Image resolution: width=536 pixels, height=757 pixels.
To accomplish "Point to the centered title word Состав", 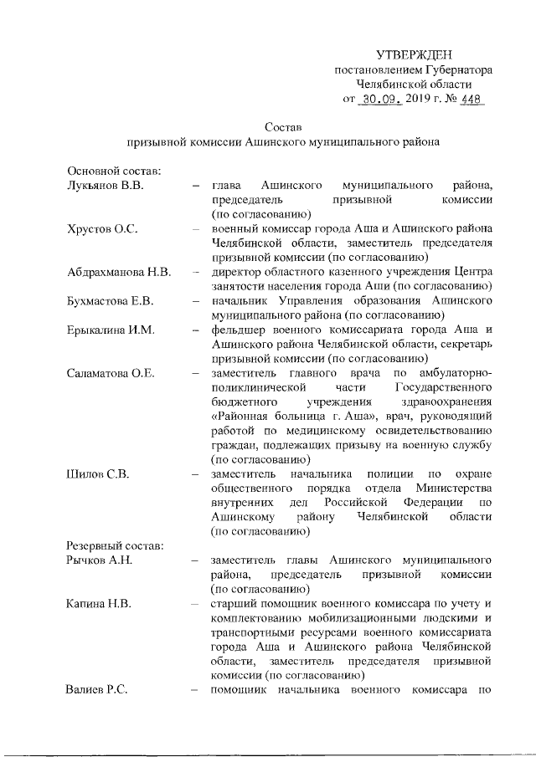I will coord(282,127).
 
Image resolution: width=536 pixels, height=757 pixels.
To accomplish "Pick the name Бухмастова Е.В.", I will coord(110,300).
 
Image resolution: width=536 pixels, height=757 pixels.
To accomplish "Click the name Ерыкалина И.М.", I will coord(111,330).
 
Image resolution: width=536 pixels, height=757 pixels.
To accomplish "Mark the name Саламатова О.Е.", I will coord(111,373).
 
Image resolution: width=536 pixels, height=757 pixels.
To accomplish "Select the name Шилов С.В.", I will coord(96,473).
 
